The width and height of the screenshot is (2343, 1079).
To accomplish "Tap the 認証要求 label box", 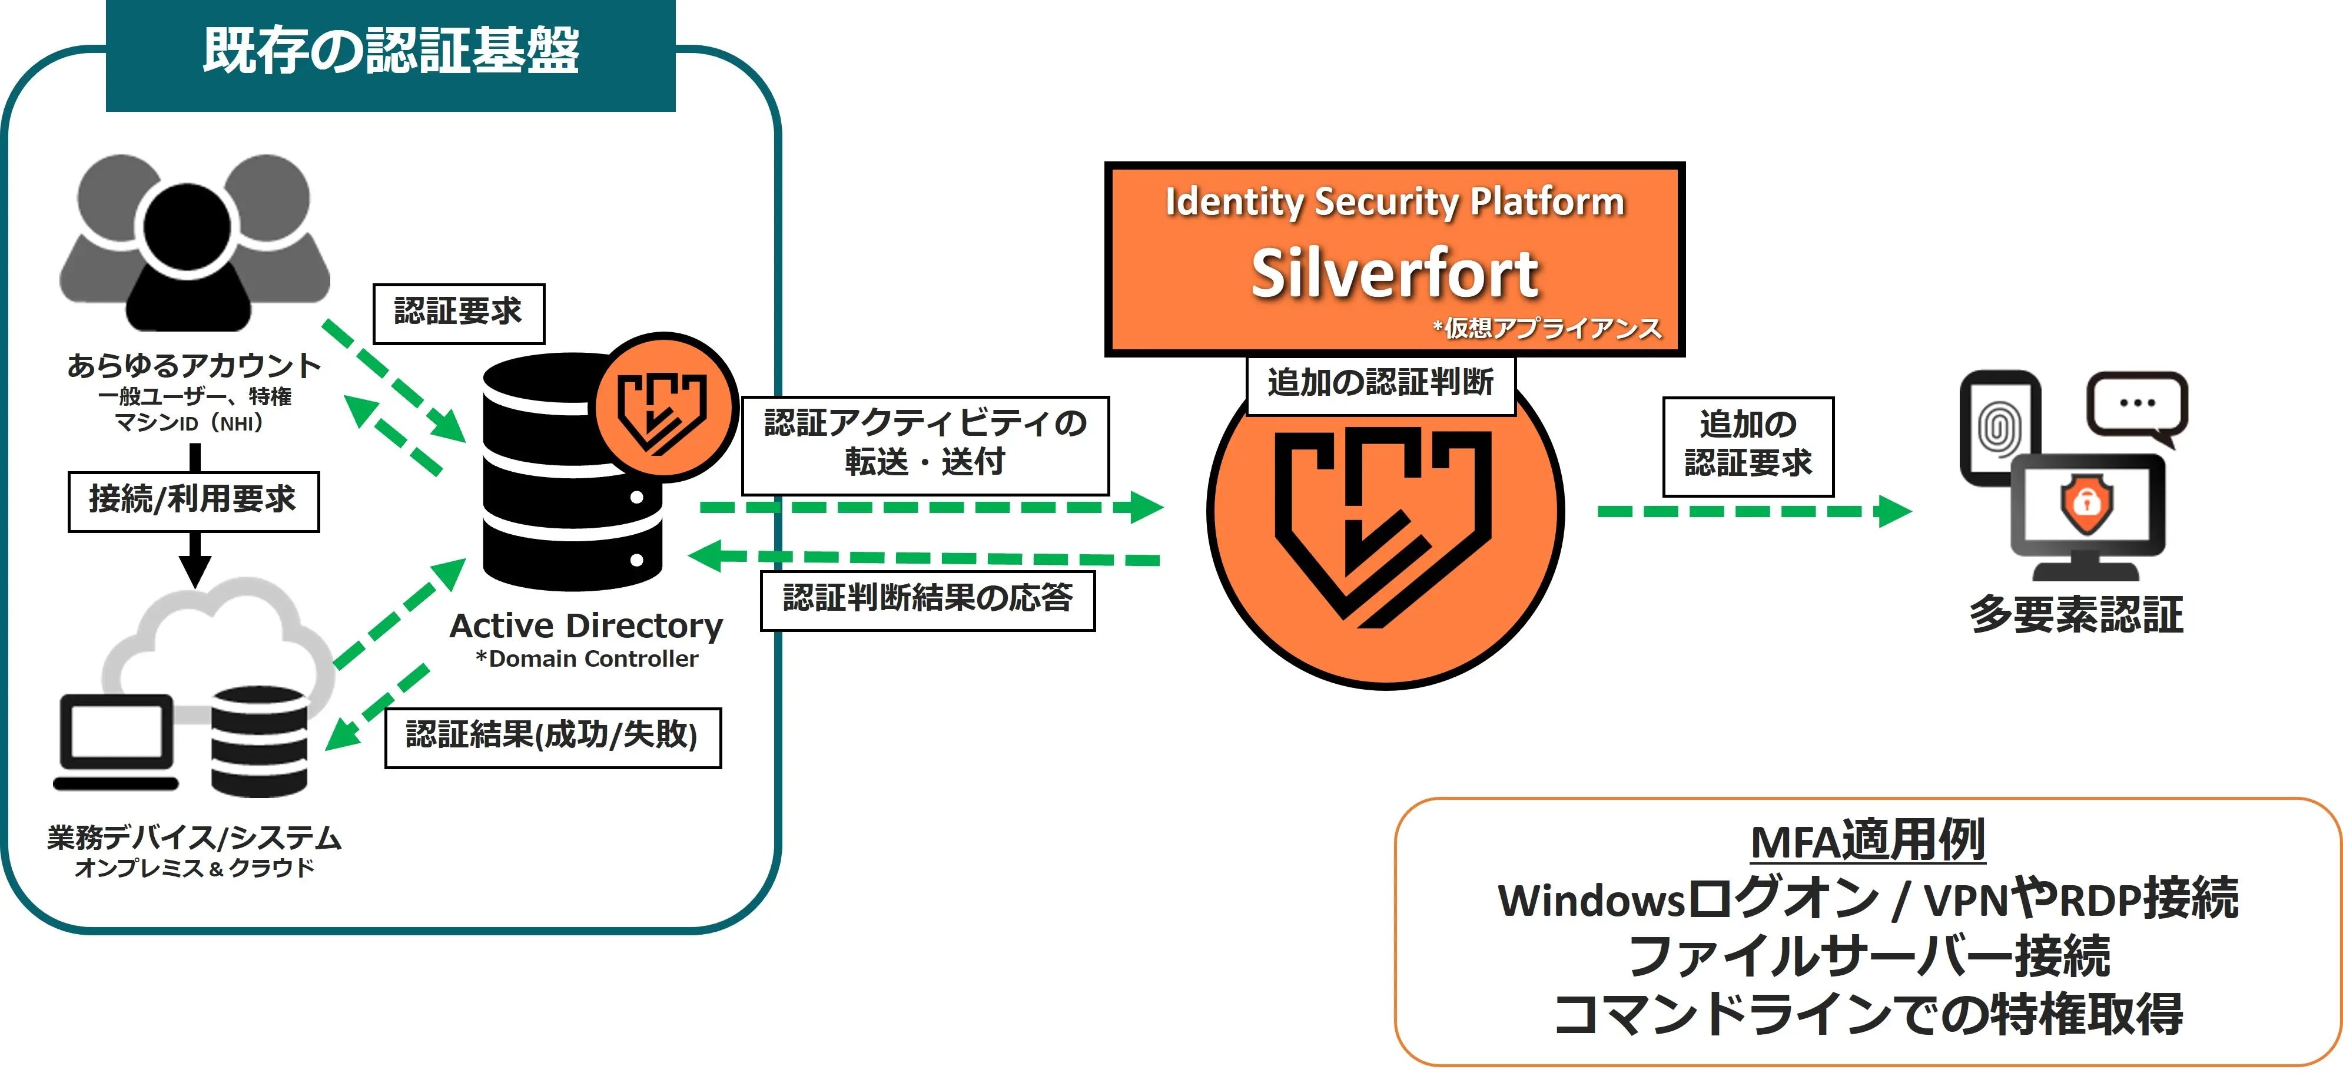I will coord(459,313).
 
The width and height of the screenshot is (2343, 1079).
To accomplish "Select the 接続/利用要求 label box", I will coord(193,501).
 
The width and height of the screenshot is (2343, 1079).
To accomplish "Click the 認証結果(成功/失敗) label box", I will coord(552,737).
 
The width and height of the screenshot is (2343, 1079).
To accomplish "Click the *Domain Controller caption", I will coord(587,658).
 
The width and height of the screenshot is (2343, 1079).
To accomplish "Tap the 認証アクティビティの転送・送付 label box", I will coord(925,444).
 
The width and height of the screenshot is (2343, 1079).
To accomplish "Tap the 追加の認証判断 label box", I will coord(1380,383).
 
